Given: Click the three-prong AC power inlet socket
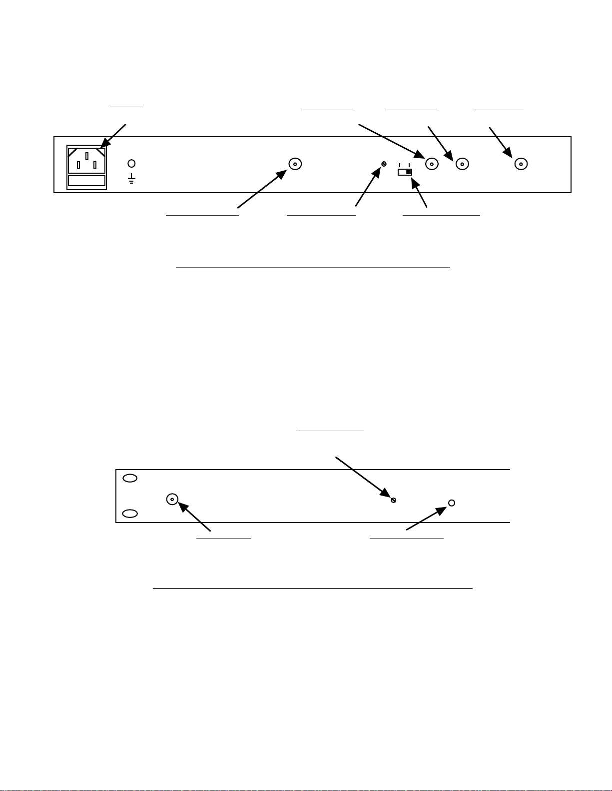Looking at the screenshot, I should click(86, 160).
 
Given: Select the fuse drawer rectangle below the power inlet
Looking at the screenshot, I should click(86, 181).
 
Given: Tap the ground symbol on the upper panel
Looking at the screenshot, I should click(132, 179).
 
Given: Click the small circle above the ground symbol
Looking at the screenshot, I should click(132, 163).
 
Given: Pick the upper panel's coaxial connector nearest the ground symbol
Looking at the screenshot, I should click(295, 164).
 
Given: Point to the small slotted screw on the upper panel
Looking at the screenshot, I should click(384, 164).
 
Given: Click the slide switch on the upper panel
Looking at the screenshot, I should click(405, 172).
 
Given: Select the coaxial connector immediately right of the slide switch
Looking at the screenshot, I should click(432, 164).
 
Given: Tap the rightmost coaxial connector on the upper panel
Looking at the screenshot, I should click(521, 164).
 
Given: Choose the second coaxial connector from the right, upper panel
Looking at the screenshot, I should click(463, 164).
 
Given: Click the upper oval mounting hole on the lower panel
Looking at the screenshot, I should click(130, 478).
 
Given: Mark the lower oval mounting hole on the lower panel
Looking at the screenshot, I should click(130, 514).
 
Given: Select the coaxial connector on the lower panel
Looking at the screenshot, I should click(172, 499).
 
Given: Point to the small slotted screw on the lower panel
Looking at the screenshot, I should click(394, 500).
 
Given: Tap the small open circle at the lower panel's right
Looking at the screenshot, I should click(452, 503).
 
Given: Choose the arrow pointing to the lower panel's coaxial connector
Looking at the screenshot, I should click(195, 516).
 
